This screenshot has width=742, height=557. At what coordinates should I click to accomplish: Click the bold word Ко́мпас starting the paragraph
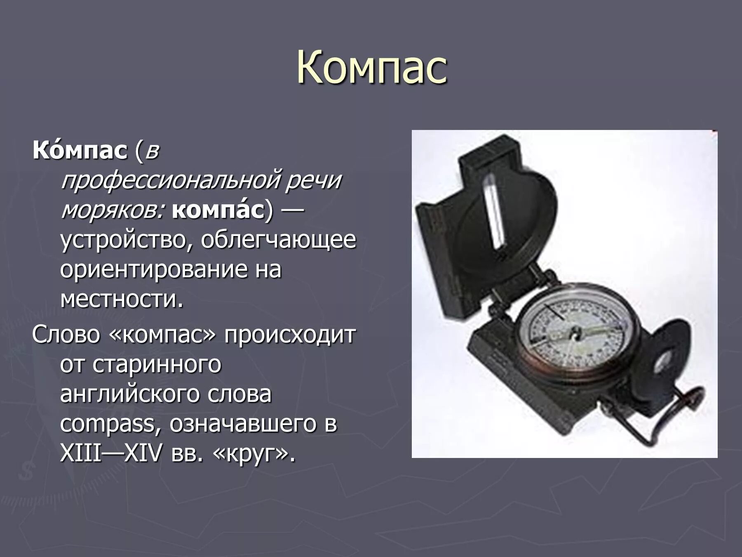[80, 151]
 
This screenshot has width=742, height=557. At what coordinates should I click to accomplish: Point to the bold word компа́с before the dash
[218, 210]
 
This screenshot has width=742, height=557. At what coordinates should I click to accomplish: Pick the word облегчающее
[278, 240]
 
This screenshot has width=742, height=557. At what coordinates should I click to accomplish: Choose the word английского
[131, 394]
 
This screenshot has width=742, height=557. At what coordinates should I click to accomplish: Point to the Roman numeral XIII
[81, 454]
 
